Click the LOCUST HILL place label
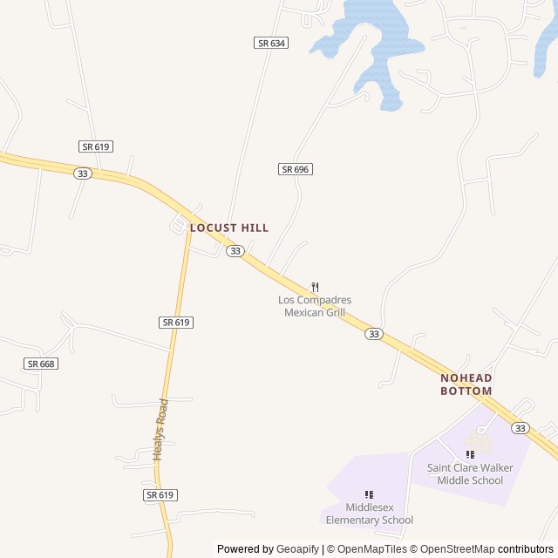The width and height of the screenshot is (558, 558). (229, 228)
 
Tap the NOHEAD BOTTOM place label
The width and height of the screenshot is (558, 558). (466, 384)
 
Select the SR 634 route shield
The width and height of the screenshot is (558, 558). (271, 43)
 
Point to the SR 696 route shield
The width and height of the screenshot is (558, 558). (296, 169)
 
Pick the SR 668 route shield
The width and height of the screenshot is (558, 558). (41, 364)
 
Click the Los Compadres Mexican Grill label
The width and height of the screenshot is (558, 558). (315, 306)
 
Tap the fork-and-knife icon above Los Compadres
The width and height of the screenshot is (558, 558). (315, 287)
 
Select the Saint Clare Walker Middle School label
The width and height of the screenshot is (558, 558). (470, 474)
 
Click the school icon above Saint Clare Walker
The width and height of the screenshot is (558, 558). (470, 454)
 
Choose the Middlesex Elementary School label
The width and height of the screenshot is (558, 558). (369, 514)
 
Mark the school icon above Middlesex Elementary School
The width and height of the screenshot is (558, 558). (369, 494)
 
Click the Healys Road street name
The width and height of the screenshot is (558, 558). (160, 429)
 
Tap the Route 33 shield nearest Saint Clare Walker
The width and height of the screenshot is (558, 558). (520, 428)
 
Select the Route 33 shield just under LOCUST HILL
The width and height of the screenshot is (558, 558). (235, 251)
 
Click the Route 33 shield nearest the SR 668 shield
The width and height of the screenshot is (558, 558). (83, 174)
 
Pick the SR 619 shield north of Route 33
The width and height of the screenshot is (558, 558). (96, 146)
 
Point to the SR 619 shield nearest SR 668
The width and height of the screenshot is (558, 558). (176, 323)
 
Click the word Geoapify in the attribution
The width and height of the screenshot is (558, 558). (299, 549)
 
